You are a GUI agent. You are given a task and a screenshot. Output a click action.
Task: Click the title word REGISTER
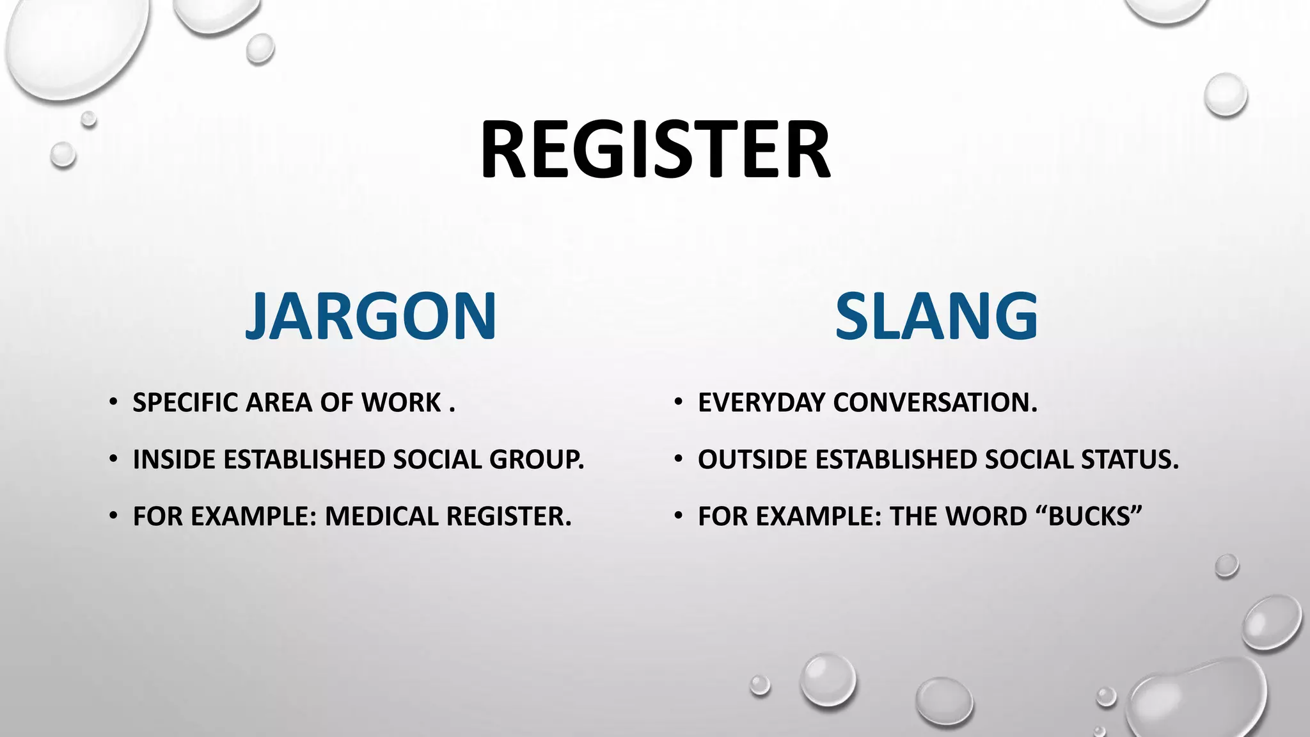click(655, 151)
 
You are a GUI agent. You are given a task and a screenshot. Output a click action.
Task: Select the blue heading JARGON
click(371, 316)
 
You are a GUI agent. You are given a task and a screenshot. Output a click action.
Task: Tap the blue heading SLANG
click(936, 316)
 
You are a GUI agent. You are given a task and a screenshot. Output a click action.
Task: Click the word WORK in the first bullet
click(401, 403)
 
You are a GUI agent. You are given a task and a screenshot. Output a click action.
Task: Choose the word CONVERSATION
click(935, 403)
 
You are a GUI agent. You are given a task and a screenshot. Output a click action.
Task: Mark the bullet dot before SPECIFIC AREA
click(113, 403)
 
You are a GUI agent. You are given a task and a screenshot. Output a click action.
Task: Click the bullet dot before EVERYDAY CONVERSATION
click(679, 403)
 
